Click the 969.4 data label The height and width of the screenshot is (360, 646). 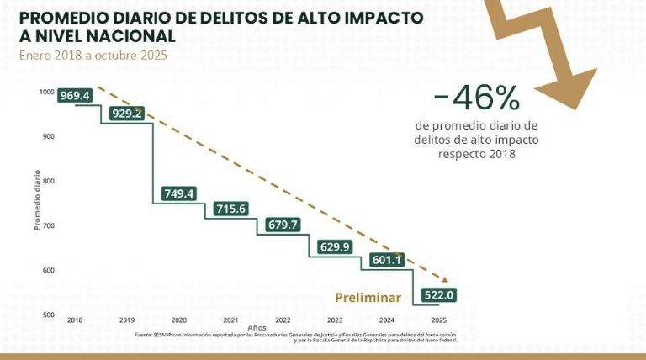coord(74,96)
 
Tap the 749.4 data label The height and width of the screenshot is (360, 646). coord(178,193)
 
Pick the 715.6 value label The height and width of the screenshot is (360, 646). coord(230,209)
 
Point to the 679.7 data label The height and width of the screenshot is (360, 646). coord(283,225)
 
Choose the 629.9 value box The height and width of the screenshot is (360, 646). coord(335,246)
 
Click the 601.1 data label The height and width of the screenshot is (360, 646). coord(387,260)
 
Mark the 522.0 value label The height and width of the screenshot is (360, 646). coord(438,295)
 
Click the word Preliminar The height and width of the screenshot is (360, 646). coord(367,297)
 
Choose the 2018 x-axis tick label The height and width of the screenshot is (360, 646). coord(75,321)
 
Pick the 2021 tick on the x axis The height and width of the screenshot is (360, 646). coord(230,321)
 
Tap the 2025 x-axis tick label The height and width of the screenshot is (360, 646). coord(438,321)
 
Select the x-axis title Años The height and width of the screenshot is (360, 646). coord(256,328)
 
